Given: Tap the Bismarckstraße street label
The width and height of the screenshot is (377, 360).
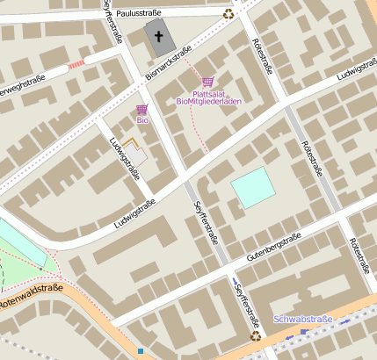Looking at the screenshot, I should click(x=168, y=66).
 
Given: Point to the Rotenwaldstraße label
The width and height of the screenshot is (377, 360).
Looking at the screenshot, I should click(x=31, y=295).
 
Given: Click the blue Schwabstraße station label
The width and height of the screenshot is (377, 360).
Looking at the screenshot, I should click(x=303, y=320).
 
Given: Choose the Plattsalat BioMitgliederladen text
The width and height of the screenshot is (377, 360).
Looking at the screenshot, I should click(x=208, y=97).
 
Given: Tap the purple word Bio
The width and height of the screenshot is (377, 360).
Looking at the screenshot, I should click(x=141, y=120).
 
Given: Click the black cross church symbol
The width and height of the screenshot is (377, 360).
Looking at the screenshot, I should click(x=159, y=37).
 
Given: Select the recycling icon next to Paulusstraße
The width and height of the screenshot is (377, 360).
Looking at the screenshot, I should click(x=228, y=13).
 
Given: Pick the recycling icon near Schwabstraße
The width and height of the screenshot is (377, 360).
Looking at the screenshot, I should click(x=255, y=335).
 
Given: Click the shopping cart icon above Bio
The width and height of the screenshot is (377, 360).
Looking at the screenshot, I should click(x=141, y=109).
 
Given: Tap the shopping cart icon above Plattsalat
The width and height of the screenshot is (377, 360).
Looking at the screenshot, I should click(x=207, y=81).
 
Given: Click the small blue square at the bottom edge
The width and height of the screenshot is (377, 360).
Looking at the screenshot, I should click(x=141, y=351).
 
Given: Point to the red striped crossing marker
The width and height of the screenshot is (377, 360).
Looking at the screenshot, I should click(x=76, y=64).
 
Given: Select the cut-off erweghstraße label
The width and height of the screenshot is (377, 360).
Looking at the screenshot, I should click(x=22, y=84).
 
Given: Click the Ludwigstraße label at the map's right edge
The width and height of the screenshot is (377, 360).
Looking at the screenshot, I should click(x=356, y=70).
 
